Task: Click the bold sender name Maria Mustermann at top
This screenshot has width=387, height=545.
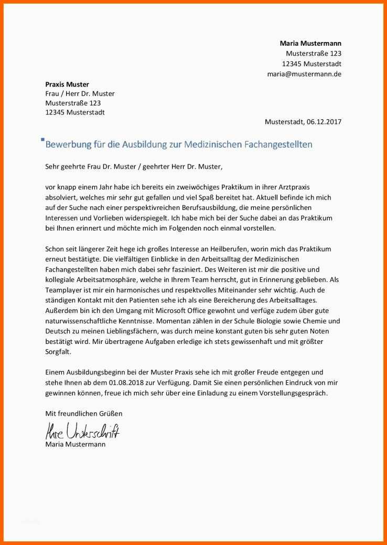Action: tap(310, 43)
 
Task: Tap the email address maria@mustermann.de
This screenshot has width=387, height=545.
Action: tap(304, 74)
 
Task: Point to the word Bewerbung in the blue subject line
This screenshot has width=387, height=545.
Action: tap(69, 144)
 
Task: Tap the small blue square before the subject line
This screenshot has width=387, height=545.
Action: tap(42, 140)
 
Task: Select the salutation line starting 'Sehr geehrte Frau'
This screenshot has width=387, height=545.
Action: tap(134, 167)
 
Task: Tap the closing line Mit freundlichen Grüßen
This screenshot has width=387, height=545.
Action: tap(84, 414)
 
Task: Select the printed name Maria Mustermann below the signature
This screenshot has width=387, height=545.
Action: tap(75, 444)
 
